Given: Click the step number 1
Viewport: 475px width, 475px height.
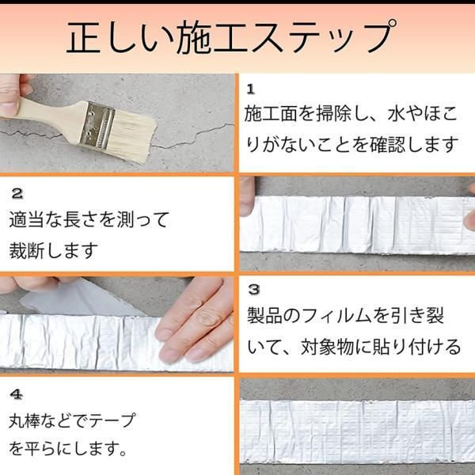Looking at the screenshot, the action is click(250, 89).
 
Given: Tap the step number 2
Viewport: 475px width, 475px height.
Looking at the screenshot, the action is click(17, 193).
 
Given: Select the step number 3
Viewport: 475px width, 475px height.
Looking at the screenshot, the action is click(254, 289).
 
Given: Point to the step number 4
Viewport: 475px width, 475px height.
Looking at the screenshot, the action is click(17, 394).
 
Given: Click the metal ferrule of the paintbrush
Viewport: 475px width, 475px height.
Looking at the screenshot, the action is click(97, 125).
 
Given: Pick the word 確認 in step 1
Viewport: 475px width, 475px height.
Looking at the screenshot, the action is click(387, 144).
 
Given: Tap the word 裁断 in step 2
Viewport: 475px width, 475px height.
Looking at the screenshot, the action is click(27, 251).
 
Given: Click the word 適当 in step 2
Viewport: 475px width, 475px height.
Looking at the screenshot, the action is click(27, 219).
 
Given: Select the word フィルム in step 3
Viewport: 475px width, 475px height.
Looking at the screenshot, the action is click(336, 316).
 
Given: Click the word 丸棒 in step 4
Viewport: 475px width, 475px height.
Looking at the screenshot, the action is click(26, 421).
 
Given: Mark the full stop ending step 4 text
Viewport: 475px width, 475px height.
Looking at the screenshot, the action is click(123, 453).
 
